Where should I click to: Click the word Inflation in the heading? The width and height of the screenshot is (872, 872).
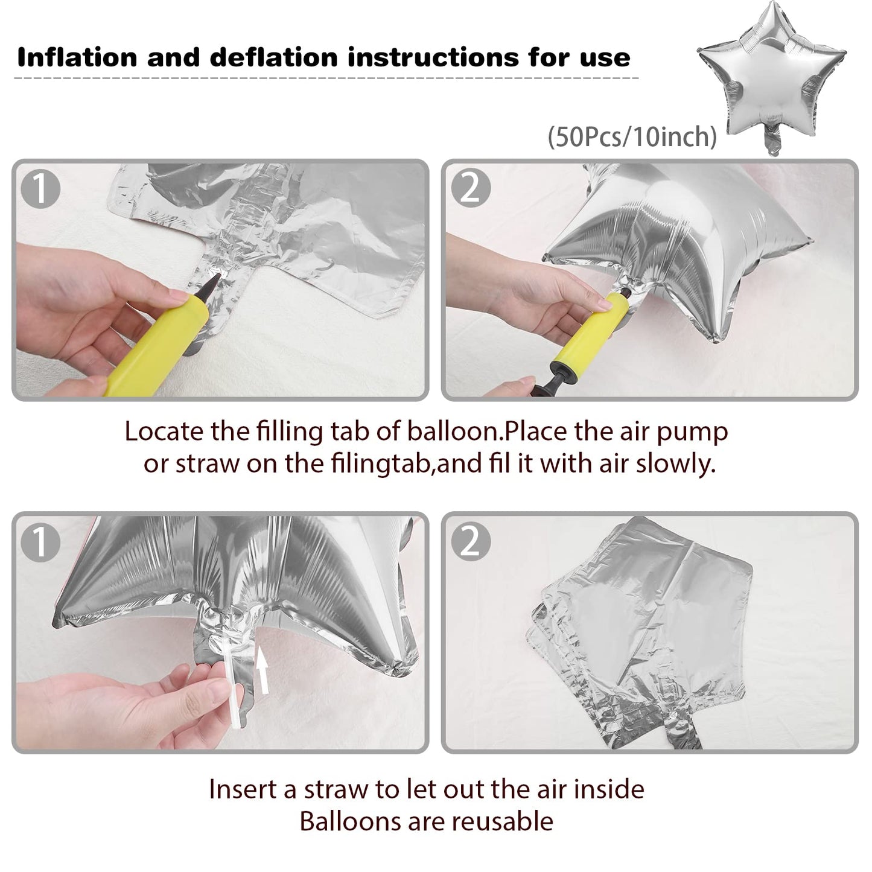(77, 57)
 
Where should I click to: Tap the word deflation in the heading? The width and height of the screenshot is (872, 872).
(274, 57)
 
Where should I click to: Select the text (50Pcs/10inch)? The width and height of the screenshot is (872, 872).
(632, 136)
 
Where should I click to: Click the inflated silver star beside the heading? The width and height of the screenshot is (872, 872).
(772, 75)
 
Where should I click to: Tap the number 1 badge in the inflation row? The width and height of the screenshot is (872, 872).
(40, 189)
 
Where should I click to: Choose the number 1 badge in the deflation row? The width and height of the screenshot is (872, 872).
(40, 542)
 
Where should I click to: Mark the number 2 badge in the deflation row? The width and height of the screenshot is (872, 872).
(471, 541)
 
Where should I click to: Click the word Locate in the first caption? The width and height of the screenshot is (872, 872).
(164, 431)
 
